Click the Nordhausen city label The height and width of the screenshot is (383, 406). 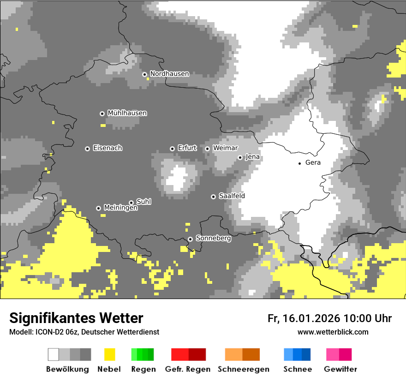(169, 74)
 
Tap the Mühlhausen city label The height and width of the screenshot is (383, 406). (127, 113)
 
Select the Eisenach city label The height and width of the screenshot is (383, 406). (107, 148)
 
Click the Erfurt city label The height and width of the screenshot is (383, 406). (187, 148)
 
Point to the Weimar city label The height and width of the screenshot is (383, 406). (225, 148)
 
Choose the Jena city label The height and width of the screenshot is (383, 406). (252, 157)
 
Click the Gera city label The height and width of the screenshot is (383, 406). (313, 163)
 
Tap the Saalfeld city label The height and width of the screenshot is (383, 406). (232, 196)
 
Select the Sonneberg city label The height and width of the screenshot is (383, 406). (213, 239)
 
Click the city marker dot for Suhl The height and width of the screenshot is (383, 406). (131, 203)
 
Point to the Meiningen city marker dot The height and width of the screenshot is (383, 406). (98, 208)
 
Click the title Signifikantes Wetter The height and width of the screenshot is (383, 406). (76, 318)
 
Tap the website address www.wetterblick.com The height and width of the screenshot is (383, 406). (333, 332)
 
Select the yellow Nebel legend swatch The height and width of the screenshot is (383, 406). (109, 354)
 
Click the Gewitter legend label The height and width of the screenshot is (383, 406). (340, 369)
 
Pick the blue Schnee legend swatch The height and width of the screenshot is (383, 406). (297, 354)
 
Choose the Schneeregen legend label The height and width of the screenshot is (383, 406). (243, 369)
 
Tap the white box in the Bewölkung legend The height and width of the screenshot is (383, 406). (53, 354)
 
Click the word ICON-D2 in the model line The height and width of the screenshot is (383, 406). (47, 332)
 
